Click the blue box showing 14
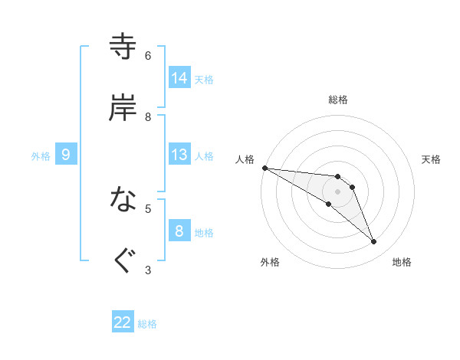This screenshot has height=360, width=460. coord(179,78)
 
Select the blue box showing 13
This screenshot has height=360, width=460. coord(179,155)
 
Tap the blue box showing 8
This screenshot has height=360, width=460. coord(179,231)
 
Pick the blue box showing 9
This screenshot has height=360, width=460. coord(66,155)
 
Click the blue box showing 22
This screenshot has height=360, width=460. coord(123,322)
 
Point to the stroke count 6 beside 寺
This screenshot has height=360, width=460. coord(148,56)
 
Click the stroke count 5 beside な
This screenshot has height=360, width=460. coord(148,208)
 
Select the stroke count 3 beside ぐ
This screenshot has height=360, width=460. coord(148,269)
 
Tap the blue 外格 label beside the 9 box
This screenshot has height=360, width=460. coord(41,155)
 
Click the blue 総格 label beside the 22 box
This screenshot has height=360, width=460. coord(147,324)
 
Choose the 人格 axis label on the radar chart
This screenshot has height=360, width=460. coord(245,159)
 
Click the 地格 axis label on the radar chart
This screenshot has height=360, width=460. coord(402,262)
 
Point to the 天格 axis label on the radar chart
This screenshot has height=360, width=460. coord(432,159)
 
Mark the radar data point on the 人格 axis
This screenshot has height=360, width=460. coord(264,168)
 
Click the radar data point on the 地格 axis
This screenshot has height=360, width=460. coord(374,242)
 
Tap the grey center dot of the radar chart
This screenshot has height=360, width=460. coord(338,191)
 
